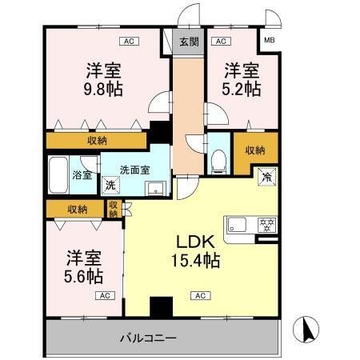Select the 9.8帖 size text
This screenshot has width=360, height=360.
click(x=104, y=88)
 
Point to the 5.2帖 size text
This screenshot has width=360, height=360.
click(x=242, y=89)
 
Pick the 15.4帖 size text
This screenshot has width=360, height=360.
click(x=194, y=260)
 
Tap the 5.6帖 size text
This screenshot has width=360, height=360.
click(x=83, y=277)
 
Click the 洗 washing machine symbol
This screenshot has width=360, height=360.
click(x=111, y=186)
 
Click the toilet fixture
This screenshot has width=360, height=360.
click(x=218, y=158)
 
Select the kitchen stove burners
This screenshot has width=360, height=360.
click(x=266, y=223)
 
